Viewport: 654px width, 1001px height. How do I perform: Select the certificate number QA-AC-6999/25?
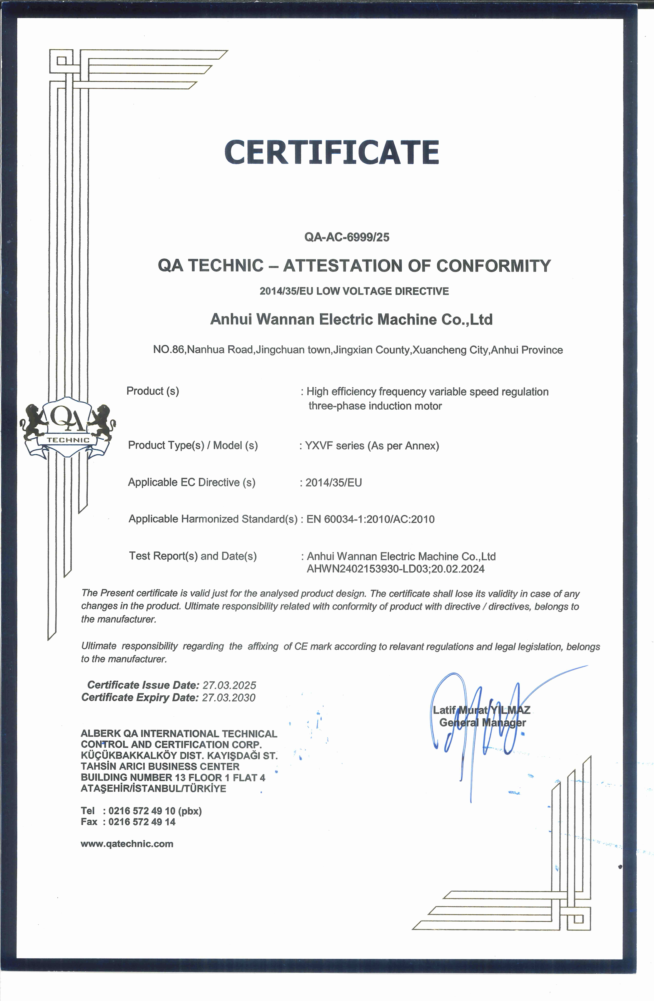[347, 237]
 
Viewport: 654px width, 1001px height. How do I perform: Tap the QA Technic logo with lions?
[68, 427]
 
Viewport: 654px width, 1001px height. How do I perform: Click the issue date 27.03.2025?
[229, 685]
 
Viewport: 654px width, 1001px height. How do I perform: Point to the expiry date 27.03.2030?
[229, 698]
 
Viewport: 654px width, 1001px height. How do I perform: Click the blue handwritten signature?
[475, 723]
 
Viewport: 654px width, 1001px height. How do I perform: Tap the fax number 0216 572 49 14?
[142, 822]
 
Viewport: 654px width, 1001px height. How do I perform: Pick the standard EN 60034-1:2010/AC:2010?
[370, 519]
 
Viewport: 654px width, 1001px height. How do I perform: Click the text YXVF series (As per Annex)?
[372, 446]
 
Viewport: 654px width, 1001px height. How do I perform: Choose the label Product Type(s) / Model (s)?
[193, 445]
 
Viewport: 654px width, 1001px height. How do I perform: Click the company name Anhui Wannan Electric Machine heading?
[351, 320]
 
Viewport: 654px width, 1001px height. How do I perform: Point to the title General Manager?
[482, 723]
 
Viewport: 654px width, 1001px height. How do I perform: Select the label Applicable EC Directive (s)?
[192, 482]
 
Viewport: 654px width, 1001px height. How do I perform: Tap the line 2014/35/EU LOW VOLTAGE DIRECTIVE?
[354, 291]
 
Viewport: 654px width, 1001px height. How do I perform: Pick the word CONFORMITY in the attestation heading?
[493, 266]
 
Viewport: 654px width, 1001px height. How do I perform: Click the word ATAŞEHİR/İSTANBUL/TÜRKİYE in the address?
[153, 788]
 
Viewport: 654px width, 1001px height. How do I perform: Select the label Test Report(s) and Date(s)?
[192, 556]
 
